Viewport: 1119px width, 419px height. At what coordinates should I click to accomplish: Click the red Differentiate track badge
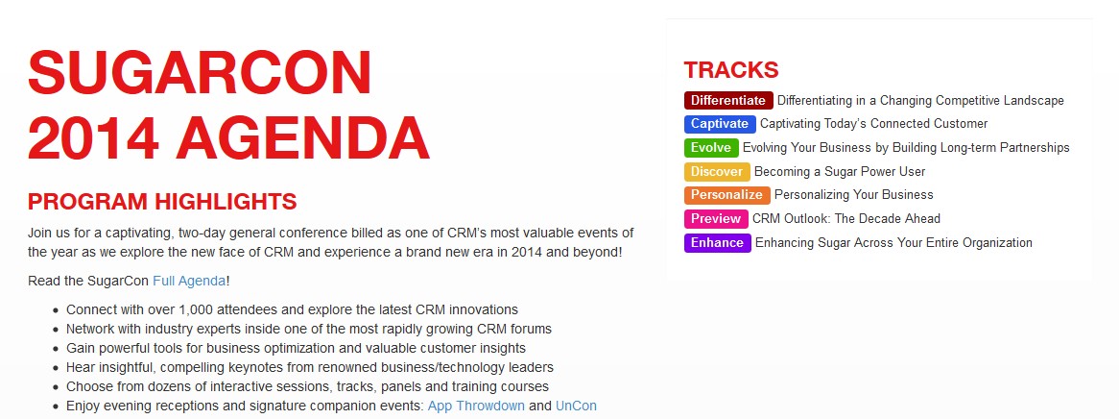727,100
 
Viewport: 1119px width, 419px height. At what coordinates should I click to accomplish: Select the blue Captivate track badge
720,124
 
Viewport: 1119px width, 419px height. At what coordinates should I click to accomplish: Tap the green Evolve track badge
711,147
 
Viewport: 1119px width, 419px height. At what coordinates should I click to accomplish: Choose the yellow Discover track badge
717,172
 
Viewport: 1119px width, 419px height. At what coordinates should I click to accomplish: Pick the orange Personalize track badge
726,194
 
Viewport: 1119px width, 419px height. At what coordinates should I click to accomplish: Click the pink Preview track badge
716,219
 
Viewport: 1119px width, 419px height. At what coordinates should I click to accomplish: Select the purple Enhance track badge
717,242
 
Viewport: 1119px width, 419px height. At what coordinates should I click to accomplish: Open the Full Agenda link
189,281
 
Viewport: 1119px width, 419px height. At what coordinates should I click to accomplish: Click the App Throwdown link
476,407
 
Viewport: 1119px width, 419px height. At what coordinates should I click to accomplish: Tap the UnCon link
576,407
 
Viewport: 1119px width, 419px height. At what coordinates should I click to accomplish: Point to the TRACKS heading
730,70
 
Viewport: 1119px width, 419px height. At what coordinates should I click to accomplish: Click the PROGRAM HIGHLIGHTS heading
162,202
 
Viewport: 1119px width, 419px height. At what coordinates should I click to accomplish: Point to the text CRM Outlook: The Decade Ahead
846,219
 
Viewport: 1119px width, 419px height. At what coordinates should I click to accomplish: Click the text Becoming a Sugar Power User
839,172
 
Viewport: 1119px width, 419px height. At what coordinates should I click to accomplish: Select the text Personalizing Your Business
853,194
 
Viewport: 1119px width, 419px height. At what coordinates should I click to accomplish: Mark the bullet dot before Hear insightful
56,368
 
